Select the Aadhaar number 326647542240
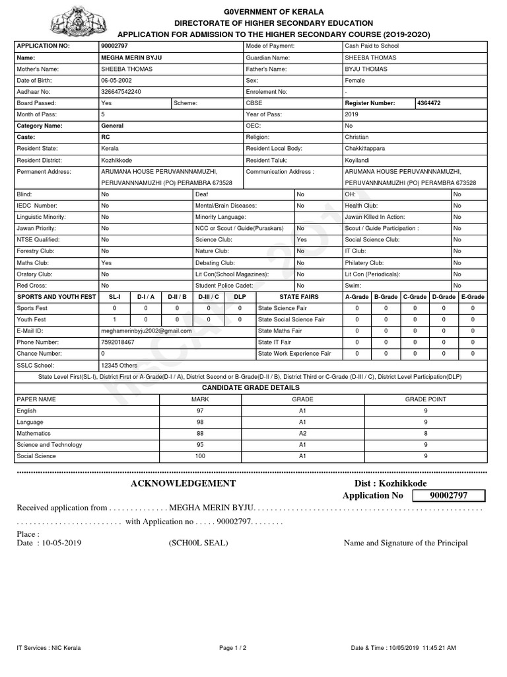pyautogui.click(x=121, y=92)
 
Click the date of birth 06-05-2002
pyautogui.click(x=117, y=81)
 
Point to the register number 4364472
pyautogui.click(x=433, y=103)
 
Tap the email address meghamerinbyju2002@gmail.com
pyautogui.click(x=146, y=331)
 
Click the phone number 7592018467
pyautogui.click(x=118, y=342)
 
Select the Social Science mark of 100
pyautogui.click(x=200, y=456)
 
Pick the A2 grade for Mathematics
pyautogui.click(x=302, y=434)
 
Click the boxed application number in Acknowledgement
pyautogui.click(x=448, y=496)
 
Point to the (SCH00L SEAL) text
pyautogui.click(x=198, y=543)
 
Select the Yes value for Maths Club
pyautogui.click(x=106, y=262)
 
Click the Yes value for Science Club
pyautogui.click(x=302, y=240)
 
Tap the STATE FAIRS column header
pyautogui.click(x=298, y=297)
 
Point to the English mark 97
pyautogui.click(x=200, y=411)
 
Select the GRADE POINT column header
pyautogui.click(x=425, y=399)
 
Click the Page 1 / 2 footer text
pyautogui.click(x=232, y=648)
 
